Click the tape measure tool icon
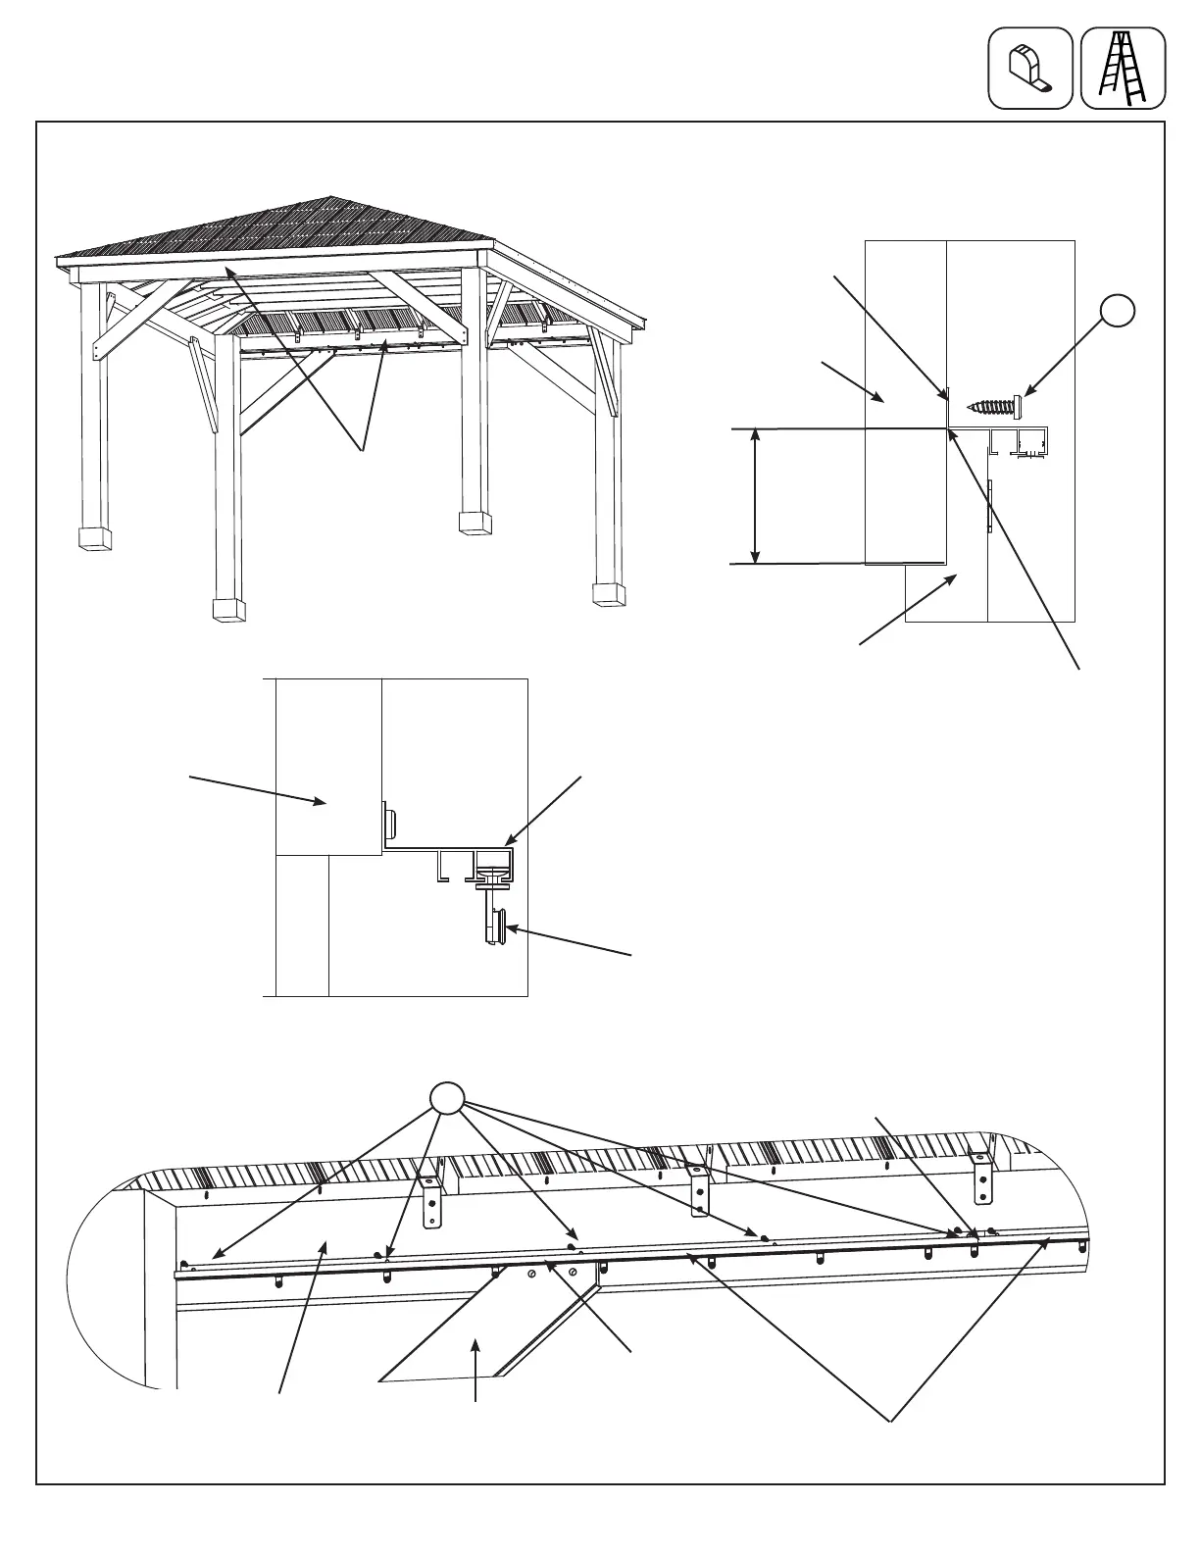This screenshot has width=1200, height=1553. (1029, 68)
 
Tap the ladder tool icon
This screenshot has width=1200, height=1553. (1123, 68)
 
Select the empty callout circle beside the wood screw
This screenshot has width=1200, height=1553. (1117, 311)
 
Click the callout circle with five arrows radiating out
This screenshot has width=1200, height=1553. (446, 1098)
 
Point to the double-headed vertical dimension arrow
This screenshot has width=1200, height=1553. (754, 496)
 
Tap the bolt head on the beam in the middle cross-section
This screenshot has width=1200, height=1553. (388, 817)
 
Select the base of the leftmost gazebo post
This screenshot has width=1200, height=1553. (96, 538)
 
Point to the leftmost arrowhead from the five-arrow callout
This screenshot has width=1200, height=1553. (214, 1254)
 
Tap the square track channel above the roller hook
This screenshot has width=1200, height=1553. (494, 863)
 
